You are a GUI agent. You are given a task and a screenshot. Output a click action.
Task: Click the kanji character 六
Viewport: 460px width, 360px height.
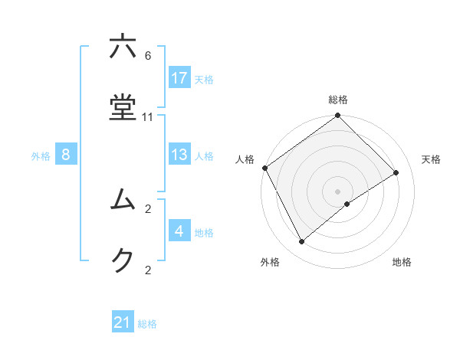pos(123,48)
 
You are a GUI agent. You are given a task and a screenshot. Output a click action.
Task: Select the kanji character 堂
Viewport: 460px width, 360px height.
pos(123,108)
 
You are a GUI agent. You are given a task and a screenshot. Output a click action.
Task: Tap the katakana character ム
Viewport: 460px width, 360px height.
pos(123,200)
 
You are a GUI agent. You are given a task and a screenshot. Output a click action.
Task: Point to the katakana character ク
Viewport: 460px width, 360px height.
pos(123,261)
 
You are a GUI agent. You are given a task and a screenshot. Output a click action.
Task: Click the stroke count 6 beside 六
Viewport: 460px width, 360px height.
pos(148,56)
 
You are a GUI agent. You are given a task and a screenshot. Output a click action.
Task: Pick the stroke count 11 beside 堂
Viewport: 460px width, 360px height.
pos(148,116)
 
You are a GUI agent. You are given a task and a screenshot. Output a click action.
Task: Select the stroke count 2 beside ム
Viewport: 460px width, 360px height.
pos(148,208)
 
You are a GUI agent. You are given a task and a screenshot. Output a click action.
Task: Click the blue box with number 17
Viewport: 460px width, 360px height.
pos(179,78)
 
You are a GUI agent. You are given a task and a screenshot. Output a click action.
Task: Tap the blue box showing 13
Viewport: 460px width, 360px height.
pos(179,155)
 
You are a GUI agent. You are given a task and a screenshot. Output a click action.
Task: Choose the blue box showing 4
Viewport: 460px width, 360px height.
pos(179,231)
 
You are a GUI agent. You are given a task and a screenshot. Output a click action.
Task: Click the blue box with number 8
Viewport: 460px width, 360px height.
pos(66,155)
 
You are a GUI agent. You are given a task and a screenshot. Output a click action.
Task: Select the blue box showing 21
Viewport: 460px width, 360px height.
pos(123,322)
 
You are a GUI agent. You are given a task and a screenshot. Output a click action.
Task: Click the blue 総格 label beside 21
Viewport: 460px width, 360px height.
pos(147,324)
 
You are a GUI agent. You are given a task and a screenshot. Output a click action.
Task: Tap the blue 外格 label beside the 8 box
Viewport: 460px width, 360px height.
pos(41,155)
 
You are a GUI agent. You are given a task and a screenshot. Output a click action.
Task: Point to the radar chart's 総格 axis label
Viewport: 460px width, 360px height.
pos(338,100)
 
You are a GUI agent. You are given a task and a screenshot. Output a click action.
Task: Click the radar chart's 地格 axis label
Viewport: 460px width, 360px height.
pos(402,262)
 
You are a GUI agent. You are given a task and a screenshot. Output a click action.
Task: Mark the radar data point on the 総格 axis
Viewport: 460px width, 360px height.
pos(338,116)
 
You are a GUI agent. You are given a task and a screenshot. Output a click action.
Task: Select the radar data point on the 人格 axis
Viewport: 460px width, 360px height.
pos(264,168)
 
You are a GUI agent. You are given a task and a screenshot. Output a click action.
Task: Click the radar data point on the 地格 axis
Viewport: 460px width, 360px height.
pos(347,204)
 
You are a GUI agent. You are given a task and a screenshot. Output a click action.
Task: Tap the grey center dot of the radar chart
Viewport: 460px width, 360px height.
pos(338,191)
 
